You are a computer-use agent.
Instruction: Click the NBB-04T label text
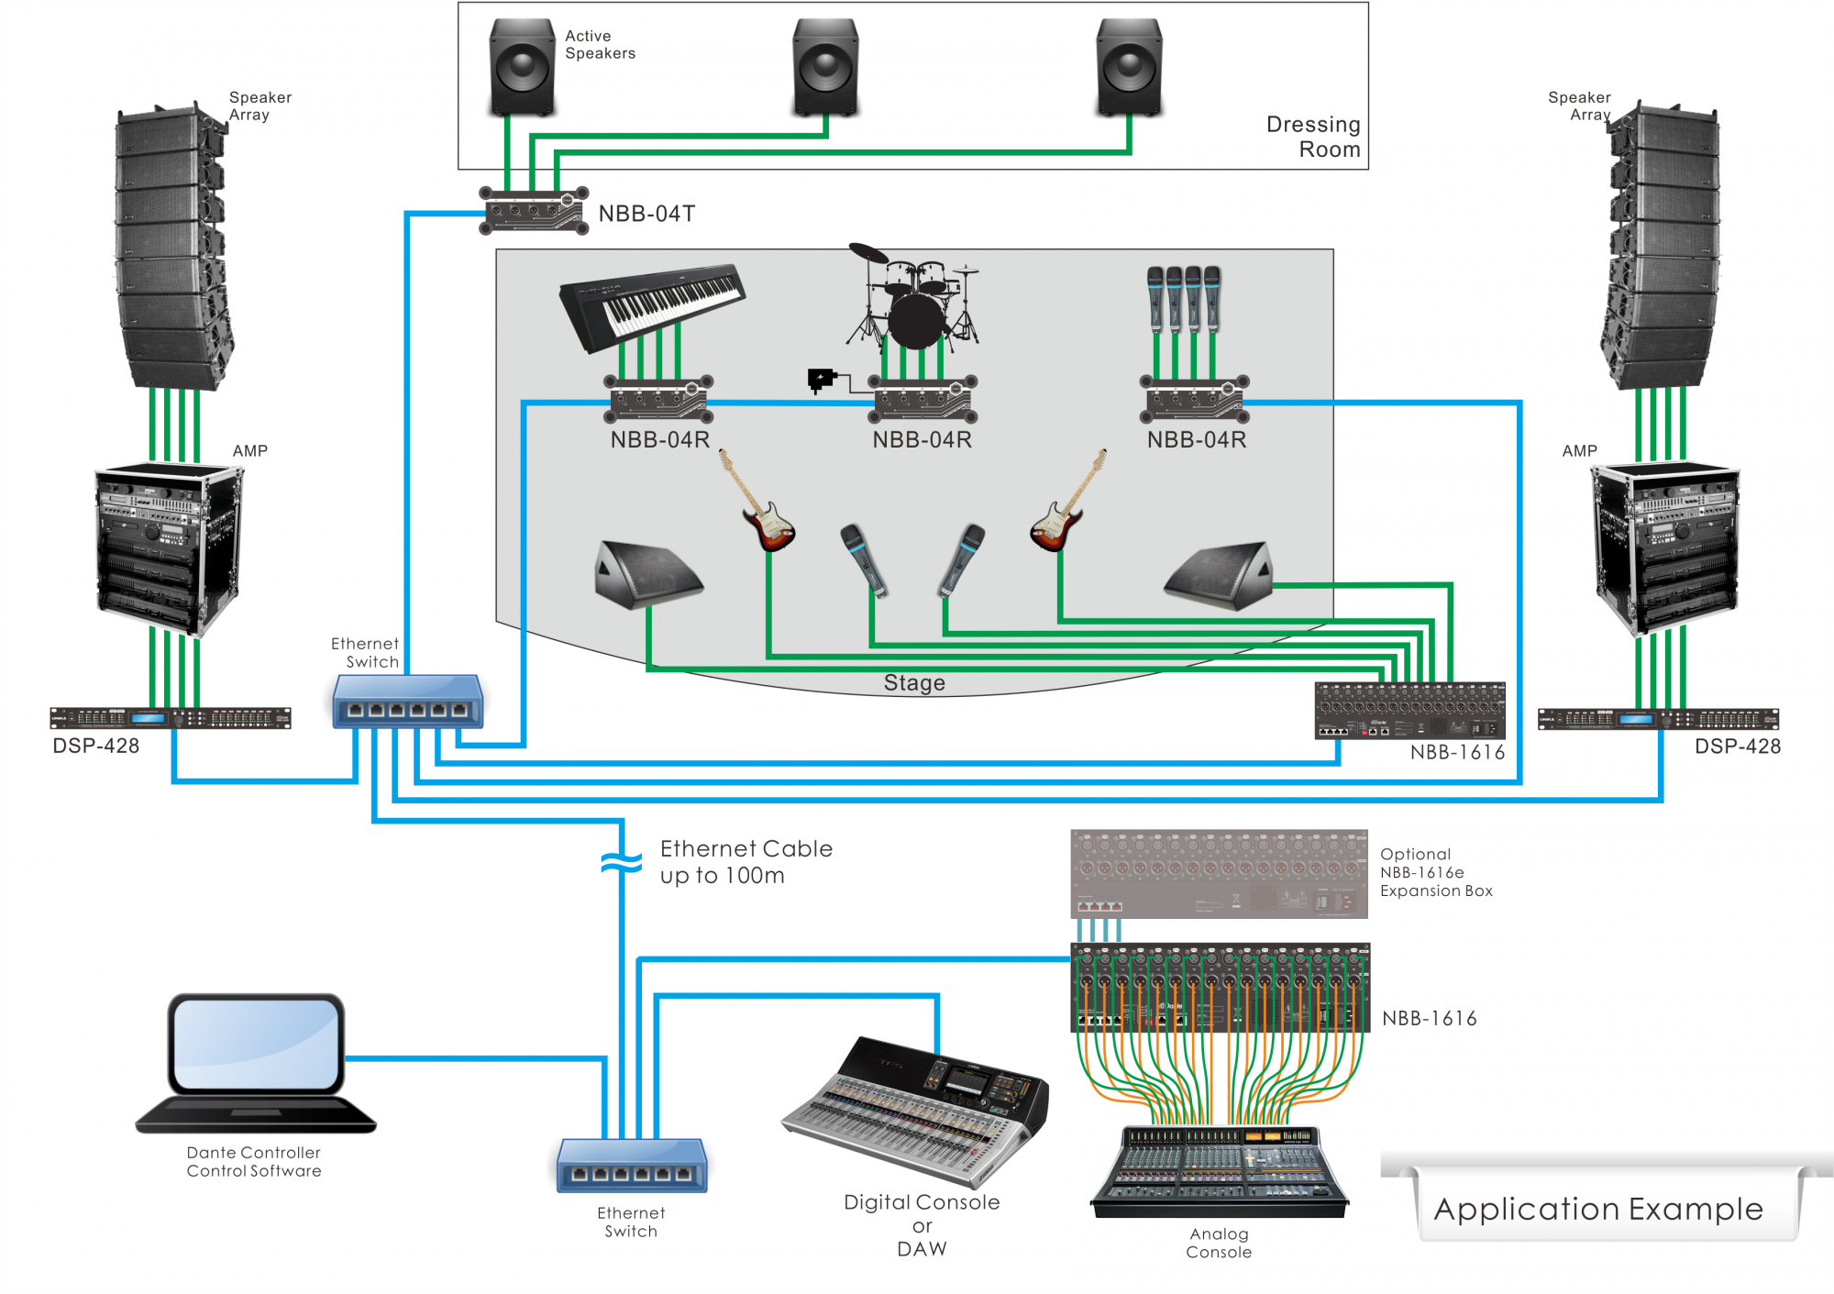point(646,214)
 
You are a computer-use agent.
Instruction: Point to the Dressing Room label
point(1313,137)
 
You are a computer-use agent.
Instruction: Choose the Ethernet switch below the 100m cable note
point(632,1166)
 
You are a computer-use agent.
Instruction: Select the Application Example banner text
point(1598,1209)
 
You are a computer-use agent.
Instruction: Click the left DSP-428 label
point(96,746)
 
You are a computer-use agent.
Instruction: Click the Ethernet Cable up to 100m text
point(746,862)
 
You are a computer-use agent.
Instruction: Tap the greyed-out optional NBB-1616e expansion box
point(1219,874)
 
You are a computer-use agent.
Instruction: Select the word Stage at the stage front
point(914,683)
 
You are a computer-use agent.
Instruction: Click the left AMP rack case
point(168,548)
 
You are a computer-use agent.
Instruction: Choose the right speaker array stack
point(1661,248)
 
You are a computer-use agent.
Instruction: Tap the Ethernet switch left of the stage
point(407,702)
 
